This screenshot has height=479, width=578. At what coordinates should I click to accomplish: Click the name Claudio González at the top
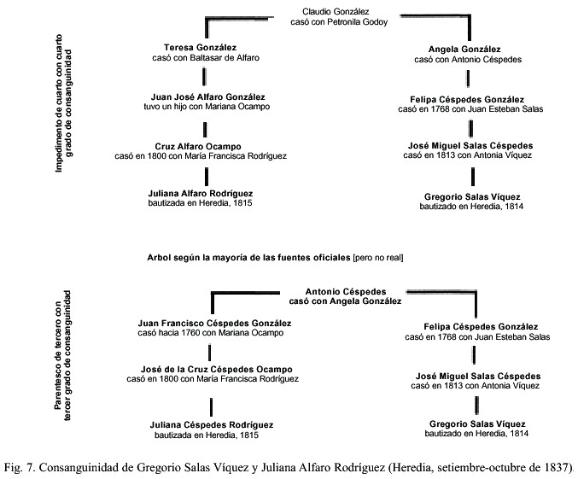(336, 12)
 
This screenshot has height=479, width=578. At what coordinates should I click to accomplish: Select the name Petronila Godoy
(357, 22)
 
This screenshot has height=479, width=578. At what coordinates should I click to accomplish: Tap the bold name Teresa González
(200, 48)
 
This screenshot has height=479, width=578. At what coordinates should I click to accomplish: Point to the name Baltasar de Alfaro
(225, 58)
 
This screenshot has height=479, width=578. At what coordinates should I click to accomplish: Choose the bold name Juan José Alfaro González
(208, 97)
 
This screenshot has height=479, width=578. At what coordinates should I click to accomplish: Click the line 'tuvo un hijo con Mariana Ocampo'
(207, 107)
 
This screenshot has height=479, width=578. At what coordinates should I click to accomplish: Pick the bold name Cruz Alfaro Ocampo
(198, 146)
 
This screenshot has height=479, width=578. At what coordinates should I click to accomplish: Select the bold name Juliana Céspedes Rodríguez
(212, 425)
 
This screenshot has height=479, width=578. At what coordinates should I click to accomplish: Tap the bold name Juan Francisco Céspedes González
(214, 324)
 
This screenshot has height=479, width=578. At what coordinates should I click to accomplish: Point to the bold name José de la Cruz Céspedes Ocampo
(216, 370)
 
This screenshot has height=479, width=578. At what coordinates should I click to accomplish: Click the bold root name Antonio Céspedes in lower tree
(346, 292)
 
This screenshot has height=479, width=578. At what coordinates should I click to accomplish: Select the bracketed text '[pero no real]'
(378, 258)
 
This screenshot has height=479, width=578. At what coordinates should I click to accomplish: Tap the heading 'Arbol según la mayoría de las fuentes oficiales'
(248, 257)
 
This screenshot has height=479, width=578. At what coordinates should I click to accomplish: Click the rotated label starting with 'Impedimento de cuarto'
(64, 103)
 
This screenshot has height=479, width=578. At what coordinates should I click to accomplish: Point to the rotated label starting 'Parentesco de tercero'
(63, 355)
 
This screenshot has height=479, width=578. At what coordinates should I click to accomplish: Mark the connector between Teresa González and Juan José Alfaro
(205, 77)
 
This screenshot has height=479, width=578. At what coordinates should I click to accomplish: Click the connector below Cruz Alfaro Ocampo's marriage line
(207, 177)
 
